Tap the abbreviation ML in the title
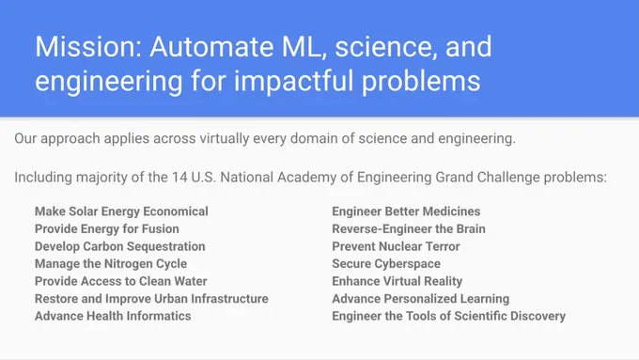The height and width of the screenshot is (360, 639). [304, 46]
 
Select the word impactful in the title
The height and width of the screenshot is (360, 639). [293, 81]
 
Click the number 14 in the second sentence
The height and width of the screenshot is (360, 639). [179, 178]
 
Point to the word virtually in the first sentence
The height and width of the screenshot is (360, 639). [225, 138]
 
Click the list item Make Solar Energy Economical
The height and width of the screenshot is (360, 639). [121, 211]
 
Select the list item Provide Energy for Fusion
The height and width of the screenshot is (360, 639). [107, 228]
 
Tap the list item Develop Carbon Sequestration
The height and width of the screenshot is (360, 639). [120, 246]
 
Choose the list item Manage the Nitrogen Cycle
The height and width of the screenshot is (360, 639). [111, 264]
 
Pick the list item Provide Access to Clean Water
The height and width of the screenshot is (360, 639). [121, 281]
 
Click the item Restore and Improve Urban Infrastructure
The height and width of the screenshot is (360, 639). [151, 299]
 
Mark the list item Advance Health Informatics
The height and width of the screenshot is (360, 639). [113, 316]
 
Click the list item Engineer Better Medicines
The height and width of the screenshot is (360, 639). [406, 211]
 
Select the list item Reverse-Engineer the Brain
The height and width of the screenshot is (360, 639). [409, 228]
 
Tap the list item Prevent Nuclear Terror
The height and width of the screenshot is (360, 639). [397, 246]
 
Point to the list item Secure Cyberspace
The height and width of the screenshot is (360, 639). [386, 264]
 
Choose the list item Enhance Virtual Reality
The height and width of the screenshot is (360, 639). [397, 281]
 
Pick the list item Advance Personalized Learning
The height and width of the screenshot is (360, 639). [421, 299]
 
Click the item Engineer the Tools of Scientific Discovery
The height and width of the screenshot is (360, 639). [448, 316]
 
